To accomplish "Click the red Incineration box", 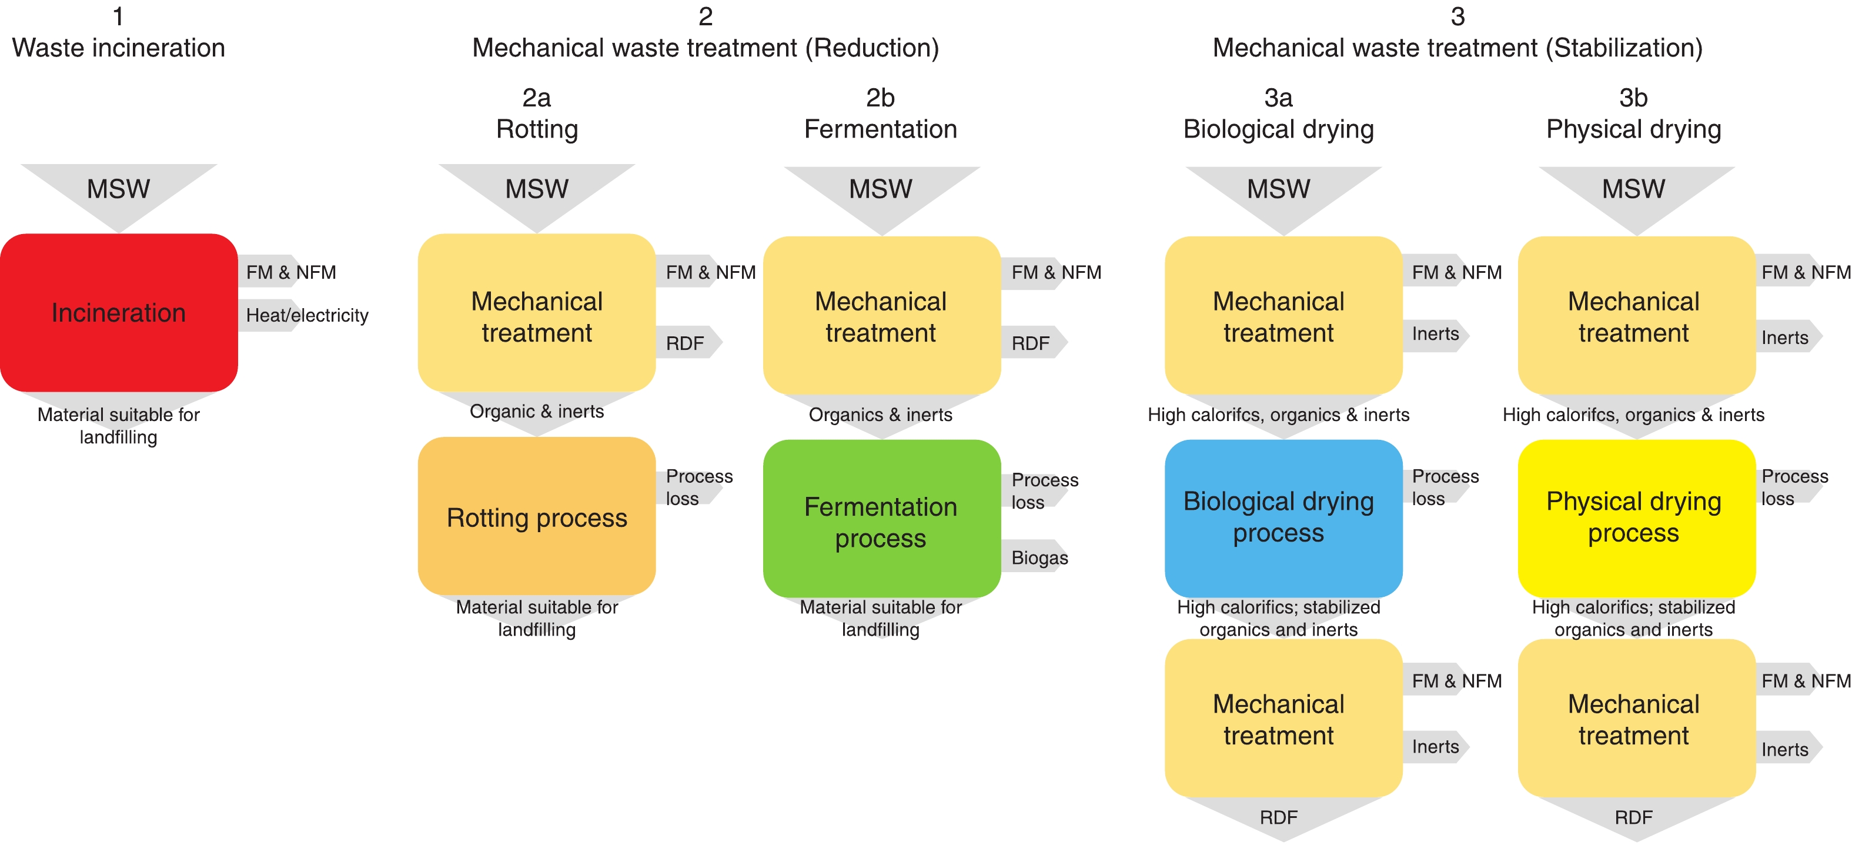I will click(x=119, y=313).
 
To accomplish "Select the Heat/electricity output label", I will click(x=306, y=315).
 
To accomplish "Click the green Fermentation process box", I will click(x=881, y=522).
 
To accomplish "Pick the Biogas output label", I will click(x=1039, y=557).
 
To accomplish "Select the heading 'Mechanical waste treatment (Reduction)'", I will click(x=706, y=48).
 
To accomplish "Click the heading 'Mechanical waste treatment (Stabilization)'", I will click(x=1457, y=48).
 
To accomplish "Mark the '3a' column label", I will click(x=1278, y=97).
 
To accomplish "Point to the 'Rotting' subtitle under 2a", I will click(x=536, y=129).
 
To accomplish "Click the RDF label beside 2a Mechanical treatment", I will click(x=684, y=343).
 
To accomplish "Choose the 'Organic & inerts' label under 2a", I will click(x=536, y=412).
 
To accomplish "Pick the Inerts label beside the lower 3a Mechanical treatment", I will click(x=1435, y=746).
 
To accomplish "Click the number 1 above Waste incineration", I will click(x=119, y=16).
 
